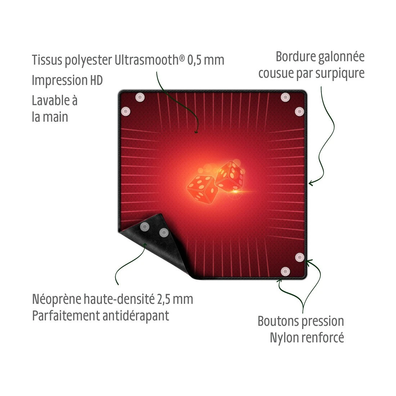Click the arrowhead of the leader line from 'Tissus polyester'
click(196, 132)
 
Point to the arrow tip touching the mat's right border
click(310, 183)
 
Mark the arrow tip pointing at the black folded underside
click(145, 244)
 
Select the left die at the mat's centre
click(202, 189)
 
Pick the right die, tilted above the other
click(230, 176)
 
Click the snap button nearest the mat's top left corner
click(140, 97)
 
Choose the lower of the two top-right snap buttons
click(299, 111)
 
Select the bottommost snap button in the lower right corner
click(285, 271)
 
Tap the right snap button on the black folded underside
click(164, 232)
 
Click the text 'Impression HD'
click(67, 81)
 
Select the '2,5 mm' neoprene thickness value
click(175, 300)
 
